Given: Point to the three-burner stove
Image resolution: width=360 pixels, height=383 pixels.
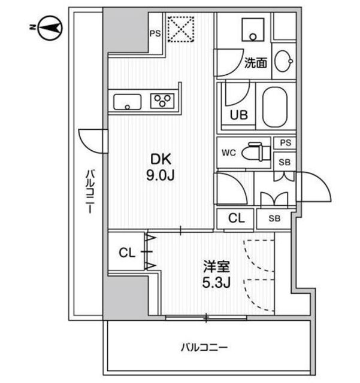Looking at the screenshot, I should point(163,101).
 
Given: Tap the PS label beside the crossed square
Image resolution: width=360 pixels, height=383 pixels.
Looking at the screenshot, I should point(154,34).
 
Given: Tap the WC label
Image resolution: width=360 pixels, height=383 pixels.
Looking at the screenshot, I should point(228,153).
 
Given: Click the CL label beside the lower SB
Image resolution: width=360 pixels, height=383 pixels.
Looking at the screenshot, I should point(237,219).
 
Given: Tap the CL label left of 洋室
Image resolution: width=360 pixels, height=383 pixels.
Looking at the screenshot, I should point(126,253).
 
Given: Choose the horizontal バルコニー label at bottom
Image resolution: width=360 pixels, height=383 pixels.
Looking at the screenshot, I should point(205,346).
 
